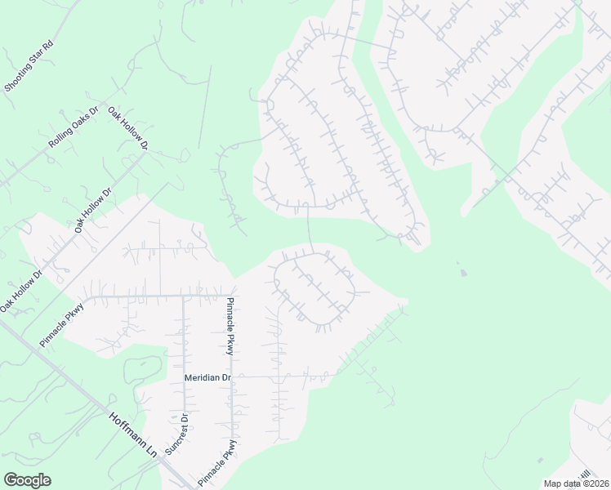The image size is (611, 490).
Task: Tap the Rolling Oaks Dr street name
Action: point(74,127)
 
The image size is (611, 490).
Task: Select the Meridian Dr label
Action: point(208,377)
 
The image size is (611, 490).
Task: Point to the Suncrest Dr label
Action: point(176,434)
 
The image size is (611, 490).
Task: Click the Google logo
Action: point(27,480)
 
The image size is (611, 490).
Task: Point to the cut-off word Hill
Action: point(585,474)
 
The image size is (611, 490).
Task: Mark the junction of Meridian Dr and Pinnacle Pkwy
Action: point(233,377)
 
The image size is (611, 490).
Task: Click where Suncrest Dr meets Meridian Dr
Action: point(185,377)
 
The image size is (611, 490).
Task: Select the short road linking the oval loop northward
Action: point(309,228)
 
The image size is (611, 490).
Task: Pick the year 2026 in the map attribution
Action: point(596,483)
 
